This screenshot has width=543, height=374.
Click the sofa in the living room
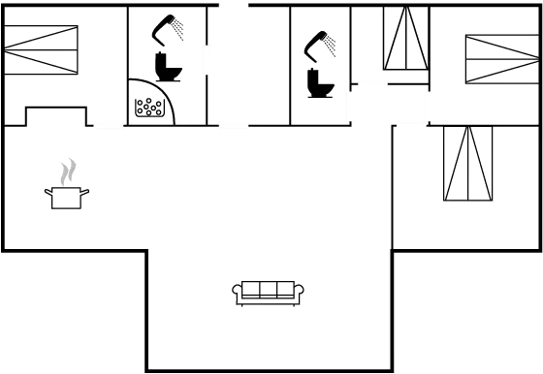268,291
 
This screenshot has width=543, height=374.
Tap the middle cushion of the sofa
268,289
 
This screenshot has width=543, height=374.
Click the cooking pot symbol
67,197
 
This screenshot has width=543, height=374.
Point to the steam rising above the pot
67,172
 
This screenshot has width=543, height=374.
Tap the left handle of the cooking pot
48,192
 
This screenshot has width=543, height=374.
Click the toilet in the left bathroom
169,63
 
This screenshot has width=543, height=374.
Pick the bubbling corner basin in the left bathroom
150,104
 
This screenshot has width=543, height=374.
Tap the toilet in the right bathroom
319,83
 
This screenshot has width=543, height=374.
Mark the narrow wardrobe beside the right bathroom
405,41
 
